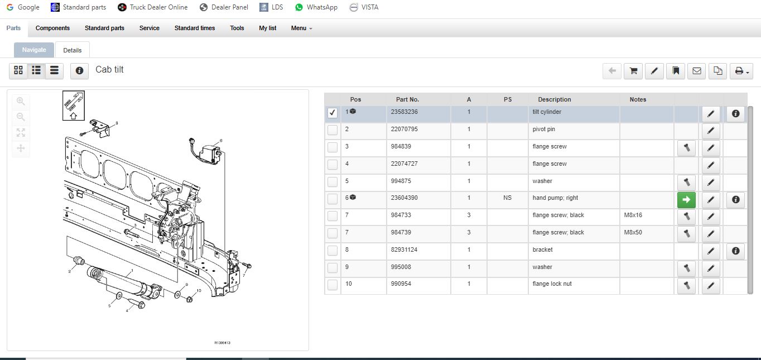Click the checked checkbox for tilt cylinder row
tap(333, 113)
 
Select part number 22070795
tap(404, 129)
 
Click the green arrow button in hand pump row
tap(686, 200)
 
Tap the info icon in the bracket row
tap(735, 251)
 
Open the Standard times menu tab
tap(195, 28)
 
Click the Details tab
tap(73, 50)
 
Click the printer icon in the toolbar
tap(741, 71)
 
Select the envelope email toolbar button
tap(697, 71)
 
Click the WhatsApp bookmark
tap(316, 7)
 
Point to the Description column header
tap(555, 99)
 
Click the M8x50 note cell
tap(633, 233)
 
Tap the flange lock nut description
tap(552, 284)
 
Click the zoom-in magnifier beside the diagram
tap(21, 102)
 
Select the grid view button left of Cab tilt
tap(18, 70)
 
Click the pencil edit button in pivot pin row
tap(711, 131)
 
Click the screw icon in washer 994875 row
tap(686, 183)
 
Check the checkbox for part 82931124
tap(333, 251)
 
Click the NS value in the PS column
tap(507, 198)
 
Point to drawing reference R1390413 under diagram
tap(222, 343)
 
